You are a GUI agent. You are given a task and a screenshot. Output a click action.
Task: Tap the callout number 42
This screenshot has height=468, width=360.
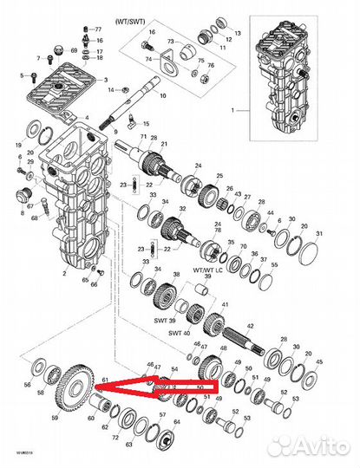tap(251, 326)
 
